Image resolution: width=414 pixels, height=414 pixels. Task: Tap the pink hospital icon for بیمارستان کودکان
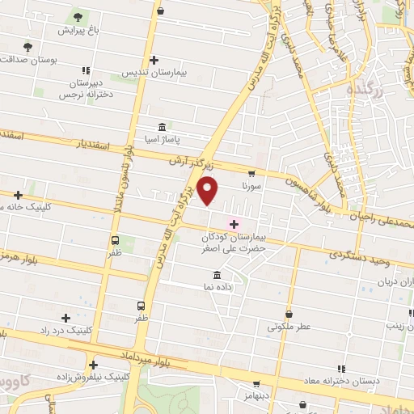pyautogui.click(x=234, y=223)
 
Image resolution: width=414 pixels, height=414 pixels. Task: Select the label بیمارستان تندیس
pyautogui.click(x=154, y=73)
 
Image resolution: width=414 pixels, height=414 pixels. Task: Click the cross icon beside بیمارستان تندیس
pyautogui.click(x=154, y=59)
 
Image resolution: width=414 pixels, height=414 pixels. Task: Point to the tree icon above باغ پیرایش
pyautogui.click(x=78, y=16)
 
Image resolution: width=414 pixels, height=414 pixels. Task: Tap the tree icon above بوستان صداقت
pyautogui.click(x=27, y=46)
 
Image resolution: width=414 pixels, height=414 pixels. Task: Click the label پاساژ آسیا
pyautogui.click(x=163, y=139)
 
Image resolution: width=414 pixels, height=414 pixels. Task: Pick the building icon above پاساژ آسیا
pyautogui.click(x=163, y=127)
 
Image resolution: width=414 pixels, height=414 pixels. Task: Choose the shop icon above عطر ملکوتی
pyautogui.click(x=289, y=314)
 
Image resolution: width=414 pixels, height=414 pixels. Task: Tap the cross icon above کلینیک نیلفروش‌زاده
pyautogui.click(x=95, y=365)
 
